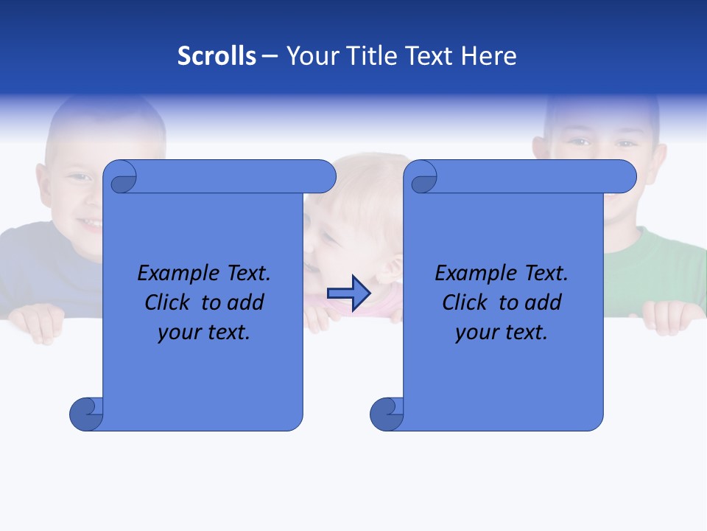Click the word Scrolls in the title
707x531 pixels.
click(217, 56)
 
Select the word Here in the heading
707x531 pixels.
click(489, 56)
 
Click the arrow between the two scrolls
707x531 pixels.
click(348, 294)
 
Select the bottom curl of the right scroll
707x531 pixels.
click(387, 414)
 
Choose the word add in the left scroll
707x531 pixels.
click(246, 302)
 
